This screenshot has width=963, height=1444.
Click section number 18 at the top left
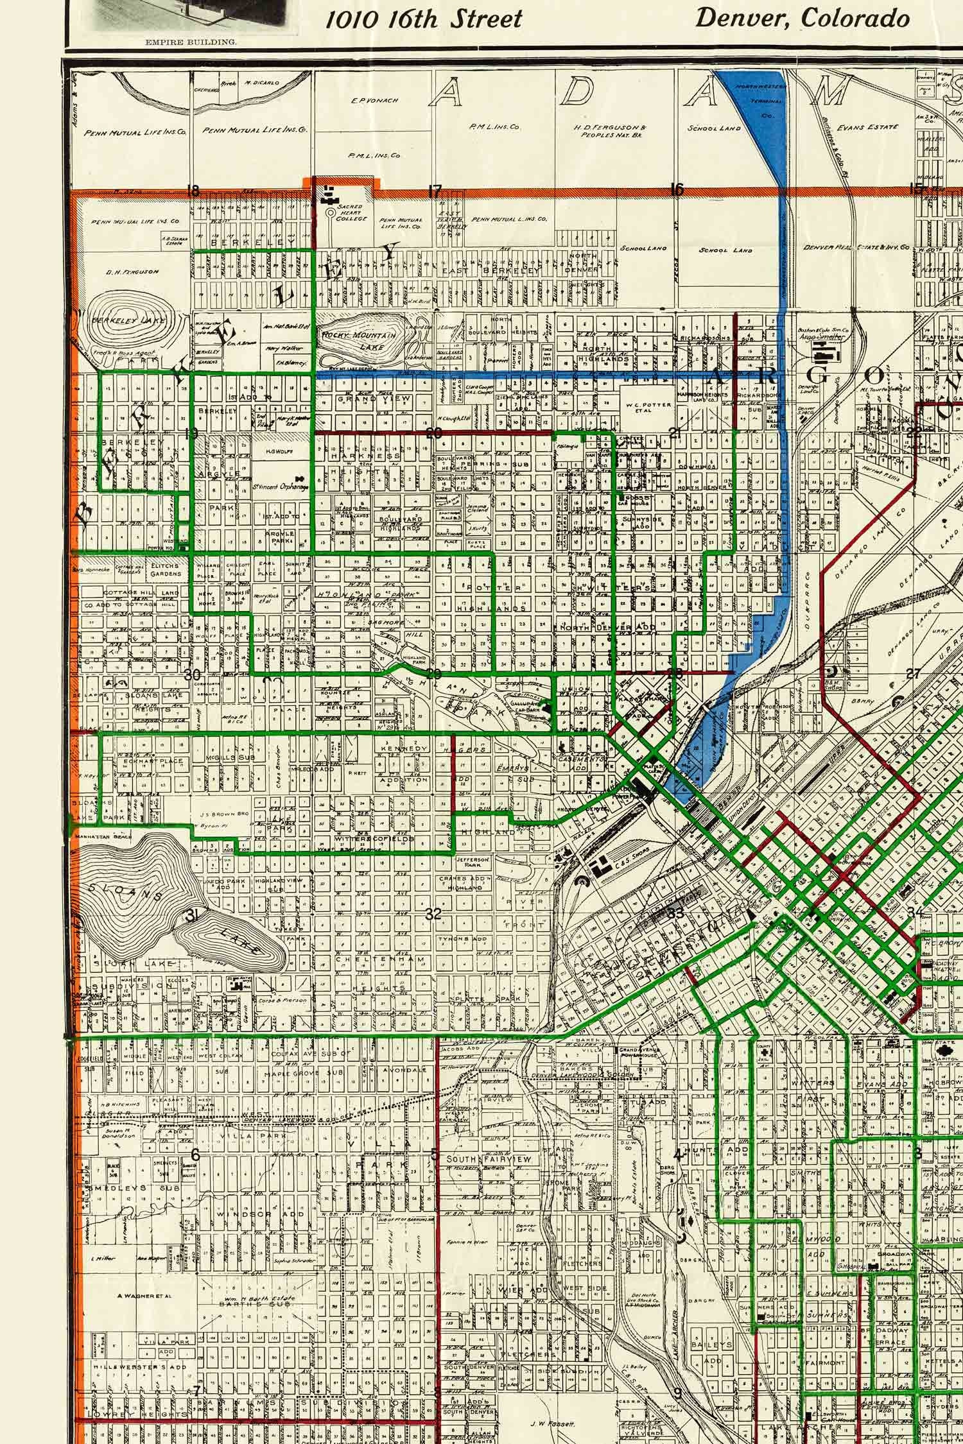tap(192, 190)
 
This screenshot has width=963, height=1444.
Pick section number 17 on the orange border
tap(435, 191)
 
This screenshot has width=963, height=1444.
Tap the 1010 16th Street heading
tap(424, 19)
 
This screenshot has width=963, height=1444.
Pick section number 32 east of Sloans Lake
tap(434, 915)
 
